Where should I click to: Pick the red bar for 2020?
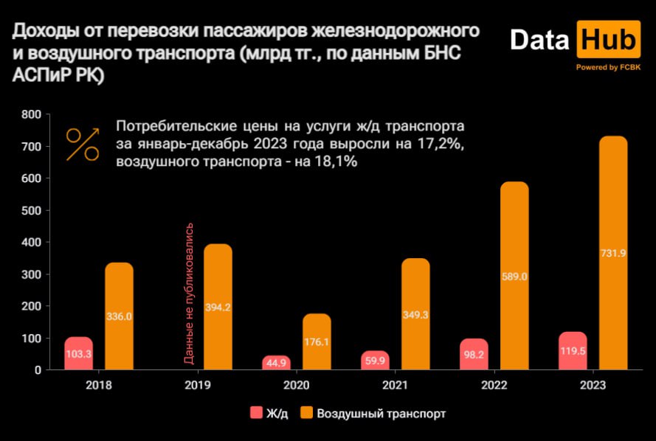pos(277,362)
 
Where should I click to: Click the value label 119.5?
pos(573,351)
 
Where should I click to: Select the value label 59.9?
pos(376,361)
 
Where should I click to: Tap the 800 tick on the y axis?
pos(30,114)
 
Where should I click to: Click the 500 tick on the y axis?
pos(30,210)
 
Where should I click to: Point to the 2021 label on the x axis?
pos(396,386)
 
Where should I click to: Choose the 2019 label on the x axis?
pos(198,386)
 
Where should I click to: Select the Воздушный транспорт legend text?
pos(381,414)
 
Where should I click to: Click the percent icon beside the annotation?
pos(83,145)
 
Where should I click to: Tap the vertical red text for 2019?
pos(189,293)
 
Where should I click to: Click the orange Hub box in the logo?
pos(608,40)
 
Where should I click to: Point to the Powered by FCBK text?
pos(609,67)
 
